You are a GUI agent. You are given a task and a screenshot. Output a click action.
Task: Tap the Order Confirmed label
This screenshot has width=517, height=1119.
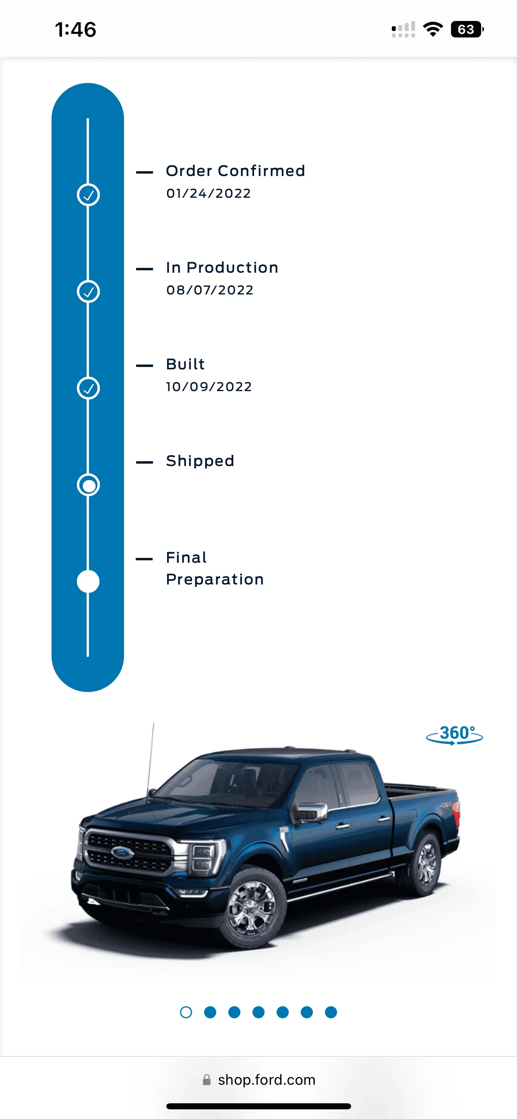235,171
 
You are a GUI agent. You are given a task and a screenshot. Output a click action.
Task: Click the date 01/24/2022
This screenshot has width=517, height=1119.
208,193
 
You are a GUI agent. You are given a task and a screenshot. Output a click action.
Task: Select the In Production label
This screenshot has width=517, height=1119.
222,267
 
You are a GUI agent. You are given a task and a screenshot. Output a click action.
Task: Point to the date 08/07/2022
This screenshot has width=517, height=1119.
210,290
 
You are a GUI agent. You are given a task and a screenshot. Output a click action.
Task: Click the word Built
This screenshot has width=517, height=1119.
185,364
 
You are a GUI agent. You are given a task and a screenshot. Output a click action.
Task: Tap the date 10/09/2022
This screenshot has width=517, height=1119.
209,387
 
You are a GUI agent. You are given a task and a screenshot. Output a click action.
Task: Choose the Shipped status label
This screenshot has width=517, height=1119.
200,461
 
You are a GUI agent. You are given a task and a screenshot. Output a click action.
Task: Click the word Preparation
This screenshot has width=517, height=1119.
215,580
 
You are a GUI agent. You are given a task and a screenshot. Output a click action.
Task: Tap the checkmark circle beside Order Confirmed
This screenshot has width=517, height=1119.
88,195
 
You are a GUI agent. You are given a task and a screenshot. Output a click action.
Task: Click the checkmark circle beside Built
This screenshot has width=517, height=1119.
88,388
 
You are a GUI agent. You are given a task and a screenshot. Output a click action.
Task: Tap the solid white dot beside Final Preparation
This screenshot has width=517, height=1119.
88,582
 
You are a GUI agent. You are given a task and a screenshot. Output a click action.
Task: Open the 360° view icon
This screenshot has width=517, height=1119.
455,735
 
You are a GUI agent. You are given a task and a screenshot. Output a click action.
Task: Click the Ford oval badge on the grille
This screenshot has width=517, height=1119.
122,853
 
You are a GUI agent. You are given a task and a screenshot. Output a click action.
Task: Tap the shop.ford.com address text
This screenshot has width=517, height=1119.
267,1080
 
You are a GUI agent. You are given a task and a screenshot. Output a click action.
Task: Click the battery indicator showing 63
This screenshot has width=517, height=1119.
467,29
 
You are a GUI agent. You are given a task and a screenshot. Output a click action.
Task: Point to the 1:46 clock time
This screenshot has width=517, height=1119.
76,29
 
